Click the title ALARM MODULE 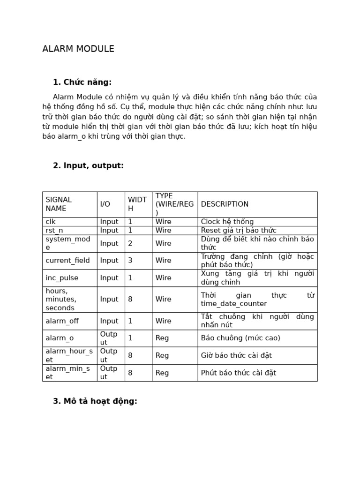[x=78, y=49]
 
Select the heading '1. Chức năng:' [x=82, y=82]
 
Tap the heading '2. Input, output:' [x=88, y=165]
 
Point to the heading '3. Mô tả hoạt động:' [x=95, y=401]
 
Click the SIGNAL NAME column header [x=59, y=204]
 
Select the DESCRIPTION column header [x=225, y=204]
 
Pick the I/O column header [x=105, y=204]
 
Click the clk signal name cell [x=51, y=222]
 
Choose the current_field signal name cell [x=67, y=260]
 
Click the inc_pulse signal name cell [x=62, y=277]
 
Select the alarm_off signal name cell [x=62, y=321]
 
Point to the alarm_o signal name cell [x=60, y=338]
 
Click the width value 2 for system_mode [x=130, y=243]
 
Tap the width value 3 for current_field [x=130, y=260]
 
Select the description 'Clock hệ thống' [x=227, y=222]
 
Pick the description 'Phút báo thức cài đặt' [x=239, y=373]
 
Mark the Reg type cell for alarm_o [x=162, y=338]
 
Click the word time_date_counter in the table [x=233, y=303]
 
